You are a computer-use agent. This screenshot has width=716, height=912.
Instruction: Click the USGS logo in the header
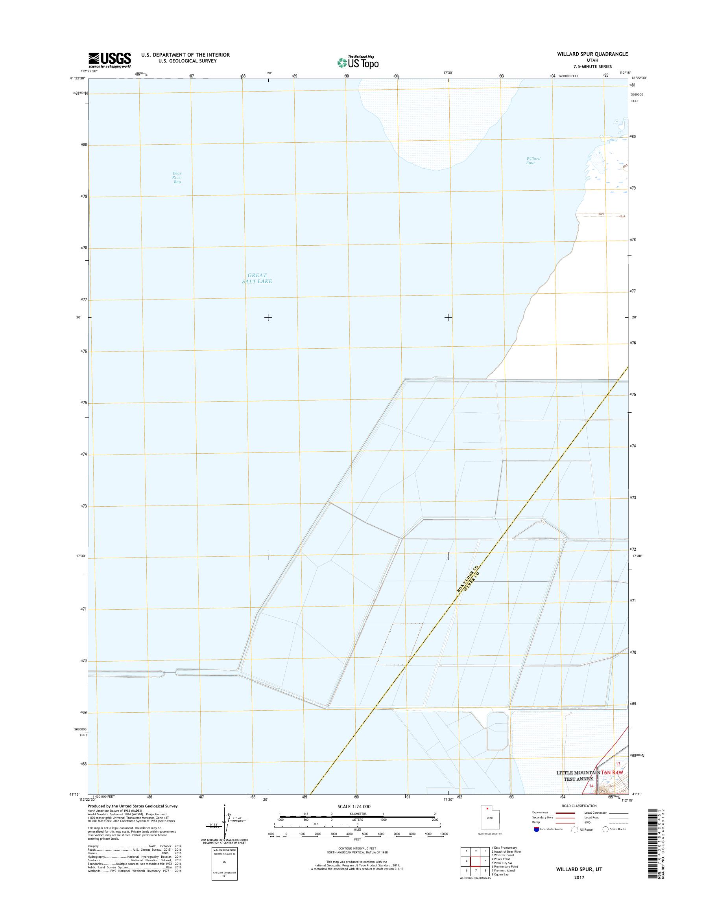109,60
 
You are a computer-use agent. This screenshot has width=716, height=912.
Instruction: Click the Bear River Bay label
177,178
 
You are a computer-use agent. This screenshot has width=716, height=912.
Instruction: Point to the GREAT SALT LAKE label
257,278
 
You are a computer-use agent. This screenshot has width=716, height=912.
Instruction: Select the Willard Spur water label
533,160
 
